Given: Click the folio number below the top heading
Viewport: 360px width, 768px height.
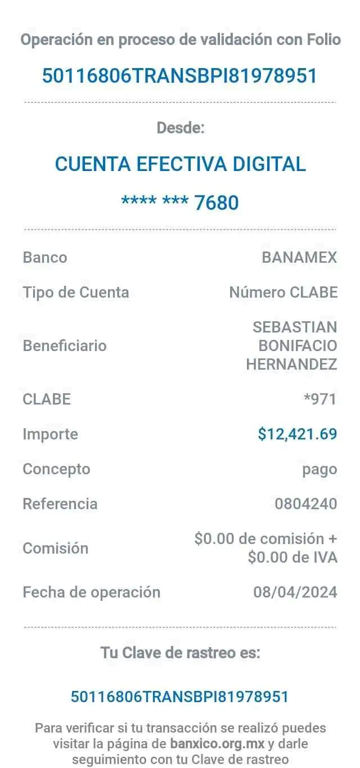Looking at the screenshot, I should pyautogui.click(x=180, y=75).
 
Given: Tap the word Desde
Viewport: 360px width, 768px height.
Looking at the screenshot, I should pyautogui.click(x=180, y=128).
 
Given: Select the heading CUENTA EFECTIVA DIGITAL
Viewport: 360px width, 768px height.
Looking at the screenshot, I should pyautogui.click(x=180, y=164).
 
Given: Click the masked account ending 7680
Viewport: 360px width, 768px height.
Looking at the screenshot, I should pyautogui.click(x=180, y=201).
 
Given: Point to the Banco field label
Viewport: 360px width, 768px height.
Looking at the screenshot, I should pyautogui.click(x=45, y=258).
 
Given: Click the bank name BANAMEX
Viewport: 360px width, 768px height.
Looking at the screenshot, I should pyautogui.click(x=299, y=258).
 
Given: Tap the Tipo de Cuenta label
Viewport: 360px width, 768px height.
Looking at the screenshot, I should pyautogui.click(x=76, y=293).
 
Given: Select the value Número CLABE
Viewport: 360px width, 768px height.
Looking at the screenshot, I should pyautogui.click(x=283, y=293).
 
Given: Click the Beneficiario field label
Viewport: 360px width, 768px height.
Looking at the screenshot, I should pyautogui.click(x=65, y=345).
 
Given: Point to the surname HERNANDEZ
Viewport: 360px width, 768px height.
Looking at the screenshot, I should pyautogui.click(x=292, y=365).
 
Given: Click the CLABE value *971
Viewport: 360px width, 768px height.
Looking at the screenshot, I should pyautogui.click(x=319, y=399).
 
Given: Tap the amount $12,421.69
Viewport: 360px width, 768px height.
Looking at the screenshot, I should pyautogui.click(x=297, y=434).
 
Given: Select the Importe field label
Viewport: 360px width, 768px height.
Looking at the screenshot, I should pyautogui.click(x=50, y=434).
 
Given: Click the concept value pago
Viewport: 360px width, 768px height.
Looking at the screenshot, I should pyautogui.click(x=319, y=469).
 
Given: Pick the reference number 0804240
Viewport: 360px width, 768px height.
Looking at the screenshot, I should pyautogui.click(x=306, y=504).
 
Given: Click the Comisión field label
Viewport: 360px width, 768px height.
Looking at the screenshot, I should pyautogui.click(x=56, y=548).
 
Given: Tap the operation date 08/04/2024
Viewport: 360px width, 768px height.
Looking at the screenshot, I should pyautogui.click(x=295, y=592).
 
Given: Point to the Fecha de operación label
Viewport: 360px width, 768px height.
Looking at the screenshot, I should pyautogui.click(x=92, y=592).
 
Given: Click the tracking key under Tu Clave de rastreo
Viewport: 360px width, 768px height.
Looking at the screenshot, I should pyautogui.click(x=179, y=697).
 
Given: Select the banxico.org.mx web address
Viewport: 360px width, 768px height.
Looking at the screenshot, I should pyautogui.click(x=217, y=743).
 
